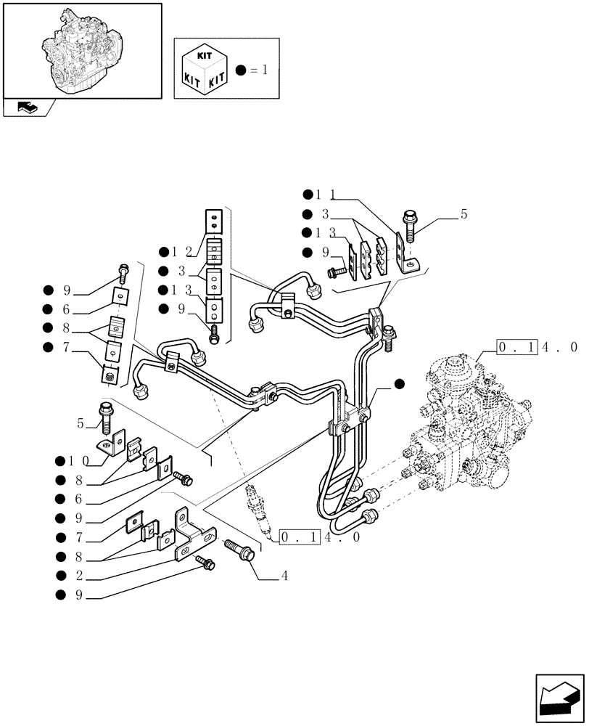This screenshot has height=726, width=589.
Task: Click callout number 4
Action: [285, 576]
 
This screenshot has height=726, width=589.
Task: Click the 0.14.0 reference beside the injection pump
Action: [536, 348]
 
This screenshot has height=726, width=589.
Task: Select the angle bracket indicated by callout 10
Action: [109, 444]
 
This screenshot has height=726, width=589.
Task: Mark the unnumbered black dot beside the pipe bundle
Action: [399, 383]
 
